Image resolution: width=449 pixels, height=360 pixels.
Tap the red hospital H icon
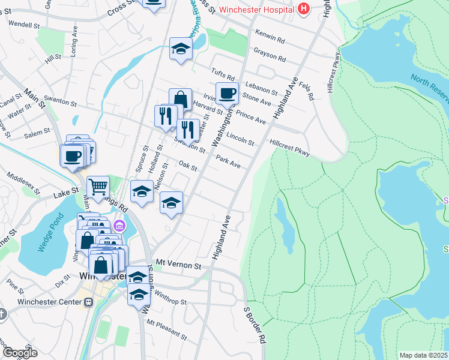[304, 9]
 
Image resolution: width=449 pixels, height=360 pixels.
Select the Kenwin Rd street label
[270, 37]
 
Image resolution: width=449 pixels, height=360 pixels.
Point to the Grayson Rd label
[270, 55]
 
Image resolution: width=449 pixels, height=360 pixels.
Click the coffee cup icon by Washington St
[227, 94]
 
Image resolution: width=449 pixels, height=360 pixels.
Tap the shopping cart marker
[98, 186]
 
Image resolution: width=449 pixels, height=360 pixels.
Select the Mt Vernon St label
[177, 263]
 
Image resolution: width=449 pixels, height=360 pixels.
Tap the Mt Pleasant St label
[164, 325]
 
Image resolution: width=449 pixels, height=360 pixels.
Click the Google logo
[20, 353]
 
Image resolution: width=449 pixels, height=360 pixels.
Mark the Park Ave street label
[228, 162]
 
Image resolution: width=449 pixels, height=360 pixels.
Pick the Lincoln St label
[243, 140]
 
